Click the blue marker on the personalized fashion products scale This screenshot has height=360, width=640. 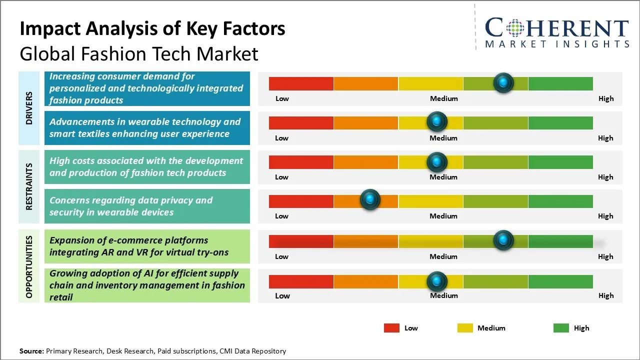click(503, 82)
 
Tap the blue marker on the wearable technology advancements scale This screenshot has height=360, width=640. click(437, 121)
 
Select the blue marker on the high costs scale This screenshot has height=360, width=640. click(437, 161)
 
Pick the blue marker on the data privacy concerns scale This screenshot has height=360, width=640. click(370, 200)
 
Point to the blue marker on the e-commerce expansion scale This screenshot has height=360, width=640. click(503, 240)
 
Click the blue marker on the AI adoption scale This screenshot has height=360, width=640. click(437, 281)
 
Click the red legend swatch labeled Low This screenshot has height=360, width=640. click(391, 328)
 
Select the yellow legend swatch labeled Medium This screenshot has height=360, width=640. click(465, 328)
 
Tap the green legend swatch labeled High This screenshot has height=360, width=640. click(561, 328)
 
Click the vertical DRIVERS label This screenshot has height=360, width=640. click(29, 108)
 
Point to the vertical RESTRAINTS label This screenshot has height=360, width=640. click(29, 186)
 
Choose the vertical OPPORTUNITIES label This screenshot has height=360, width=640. click(29, 266)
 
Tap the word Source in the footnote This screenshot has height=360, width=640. click(31, 351)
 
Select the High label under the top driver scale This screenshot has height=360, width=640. click(606, 98)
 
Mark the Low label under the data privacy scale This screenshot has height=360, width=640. click(281, 216)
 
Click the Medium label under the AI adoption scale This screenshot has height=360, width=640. click(443, 295)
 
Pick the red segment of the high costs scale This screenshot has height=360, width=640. click(301, 161)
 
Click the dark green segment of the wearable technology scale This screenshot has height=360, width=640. click(560, 122)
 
